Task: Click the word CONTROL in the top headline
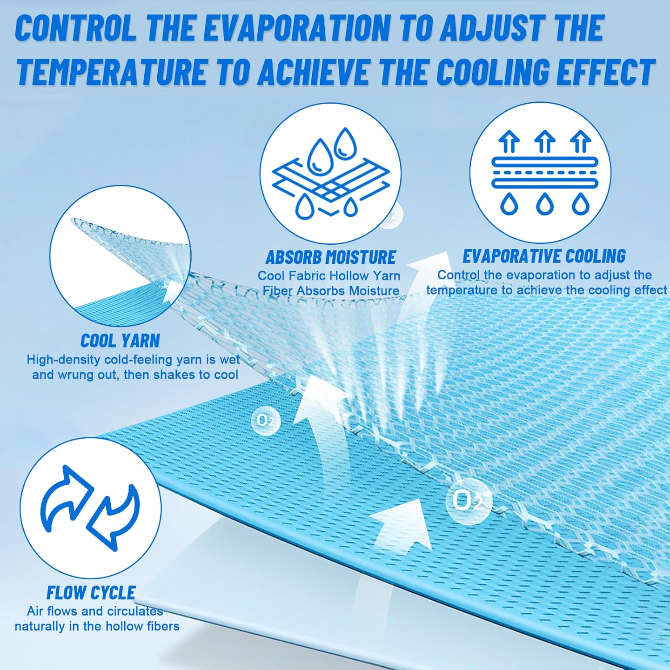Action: point(76,28)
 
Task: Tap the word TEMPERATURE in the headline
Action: point(112,71)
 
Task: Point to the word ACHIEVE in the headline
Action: point(313,71)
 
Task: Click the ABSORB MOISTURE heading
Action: point(331,257)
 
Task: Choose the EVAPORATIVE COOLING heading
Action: point(544,256)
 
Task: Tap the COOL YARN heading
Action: point(120,341)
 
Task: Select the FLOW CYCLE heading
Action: point(91,593)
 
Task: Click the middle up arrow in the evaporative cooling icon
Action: point(544,141)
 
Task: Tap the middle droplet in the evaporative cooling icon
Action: point(544,204)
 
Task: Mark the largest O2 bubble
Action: point(468,500)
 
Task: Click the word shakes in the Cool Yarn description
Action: point(168,374)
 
